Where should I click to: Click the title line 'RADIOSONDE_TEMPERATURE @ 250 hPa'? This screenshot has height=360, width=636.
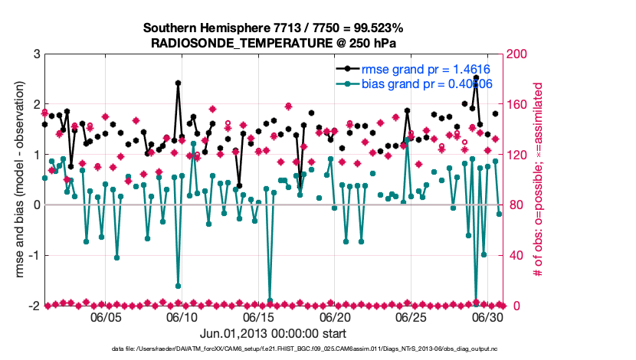click(x=274, y=43)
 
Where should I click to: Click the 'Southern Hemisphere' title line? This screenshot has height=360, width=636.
click(x=274, y=28)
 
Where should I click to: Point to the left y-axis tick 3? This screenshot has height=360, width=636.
click(x=36, y=54)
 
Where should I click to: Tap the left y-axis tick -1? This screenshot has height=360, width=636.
click(x=34, y=256)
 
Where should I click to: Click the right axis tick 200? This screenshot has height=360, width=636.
click(x=519, y=54)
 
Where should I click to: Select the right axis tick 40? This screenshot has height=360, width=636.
click(x=516, y=256)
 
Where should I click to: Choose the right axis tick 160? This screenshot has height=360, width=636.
click(x=519, y=105)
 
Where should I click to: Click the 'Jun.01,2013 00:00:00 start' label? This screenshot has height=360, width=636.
click(x=273, y=334)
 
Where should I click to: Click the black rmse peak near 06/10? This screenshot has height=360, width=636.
click(x=178, y=83)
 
